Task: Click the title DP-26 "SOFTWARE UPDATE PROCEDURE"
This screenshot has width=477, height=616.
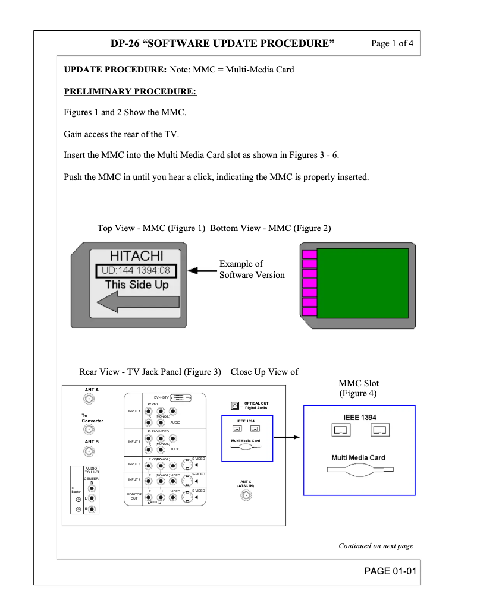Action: tap(222, 43)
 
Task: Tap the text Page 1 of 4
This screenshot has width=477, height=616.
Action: tap(392, 43)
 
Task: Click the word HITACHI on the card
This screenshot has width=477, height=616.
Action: tap(137, 256)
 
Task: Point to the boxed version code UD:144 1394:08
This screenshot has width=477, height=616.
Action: tap(137, 271)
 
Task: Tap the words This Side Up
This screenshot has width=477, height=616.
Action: tap(137, 285)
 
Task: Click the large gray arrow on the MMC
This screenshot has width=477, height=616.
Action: tap(131, 304)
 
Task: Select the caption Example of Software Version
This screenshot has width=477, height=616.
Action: tap(252, 269)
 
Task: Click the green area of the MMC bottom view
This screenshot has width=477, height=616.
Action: tap(363, 284)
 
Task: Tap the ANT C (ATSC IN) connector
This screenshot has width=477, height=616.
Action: tap(246, 495)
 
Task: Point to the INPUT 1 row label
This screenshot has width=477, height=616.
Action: tap(134, 411)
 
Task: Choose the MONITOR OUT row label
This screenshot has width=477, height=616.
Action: tap(134, 496)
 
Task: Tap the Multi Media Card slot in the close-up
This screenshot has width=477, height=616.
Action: tap(360, 469)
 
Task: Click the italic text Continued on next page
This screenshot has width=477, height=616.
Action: tap(375, 546)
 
